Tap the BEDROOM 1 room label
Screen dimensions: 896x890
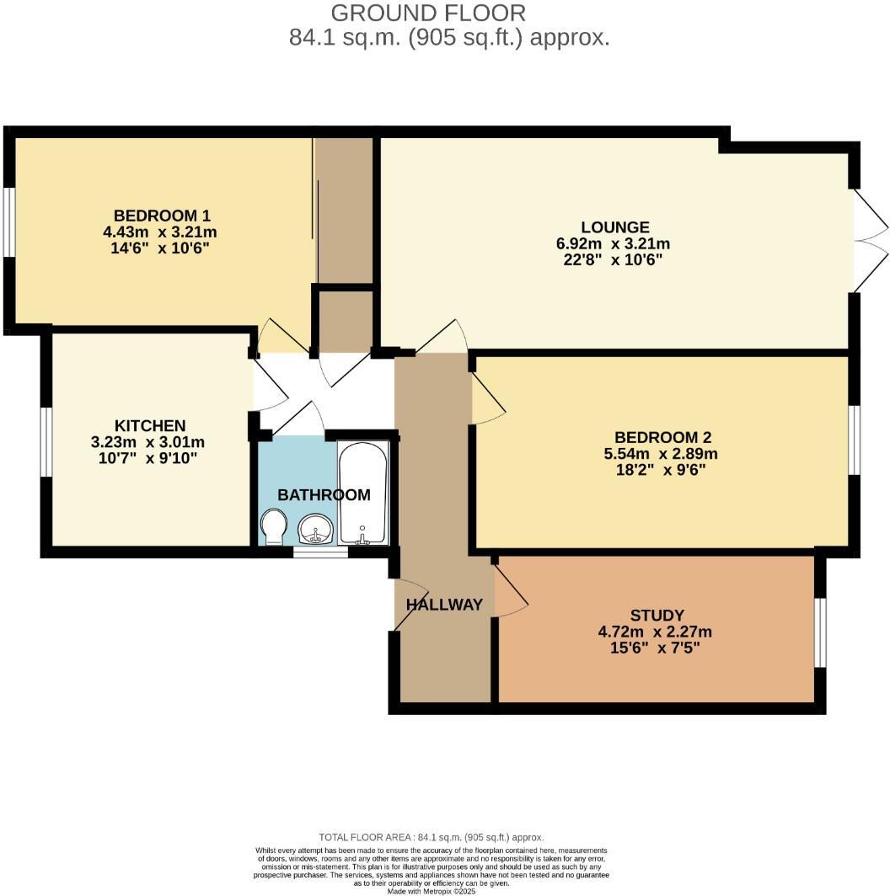point(161,215)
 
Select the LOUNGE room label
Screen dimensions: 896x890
point(615,227)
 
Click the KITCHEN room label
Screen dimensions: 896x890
point(150,425)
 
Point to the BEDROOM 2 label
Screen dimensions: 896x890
point(662,437)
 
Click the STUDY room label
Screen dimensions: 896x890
point(657,616)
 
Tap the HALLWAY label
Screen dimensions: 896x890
point(444,605)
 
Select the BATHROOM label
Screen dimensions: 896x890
point(324,495)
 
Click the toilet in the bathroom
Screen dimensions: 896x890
point(274,527)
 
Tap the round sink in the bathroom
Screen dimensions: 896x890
point(316,530)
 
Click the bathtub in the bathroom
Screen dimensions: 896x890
point(363,492)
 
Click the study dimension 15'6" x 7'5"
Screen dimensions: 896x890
point(657,648)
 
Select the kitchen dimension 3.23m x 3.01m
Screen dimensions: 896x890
point(148,442)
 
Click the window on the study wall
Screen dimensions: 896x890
point(820,632)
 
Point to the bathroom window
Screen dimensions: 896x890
point(319,552)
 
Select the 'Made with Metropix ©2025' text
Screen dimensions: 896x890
point(432,891)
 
